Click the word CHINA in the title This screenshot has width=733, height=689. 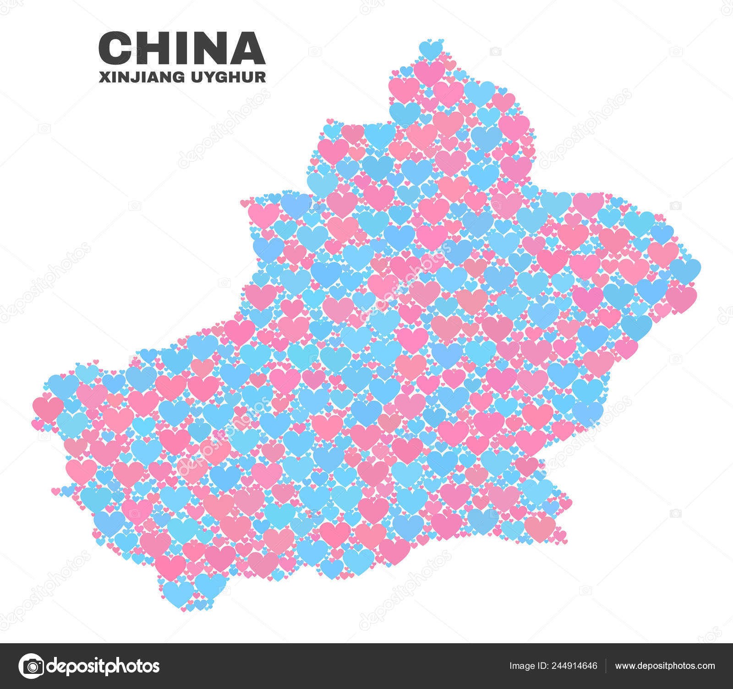[182, 48]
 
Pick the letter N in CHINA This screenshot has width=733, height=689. [204, 48]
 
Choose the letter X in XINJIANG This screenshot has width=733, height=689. [104, 77]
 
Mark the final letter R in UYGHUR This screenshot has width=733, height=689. [261, 77]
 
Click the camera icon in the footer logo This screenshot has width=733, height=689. [31, 666]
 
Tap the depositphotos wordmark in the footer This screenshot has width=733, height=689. [104, 666]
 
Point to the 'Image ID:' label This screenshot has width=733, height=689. [527, 666]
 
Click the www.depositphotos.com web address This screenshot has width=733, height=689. [665, 666]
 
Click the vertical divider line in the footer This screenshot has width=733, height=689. [606, 666]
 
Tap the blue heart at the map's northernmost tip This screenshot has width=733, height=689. [431, 49]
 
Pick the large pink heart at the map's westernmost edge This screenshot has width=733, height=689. [48, 408]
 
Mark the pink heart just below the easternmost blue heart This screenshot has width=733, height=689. [681, 298]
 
